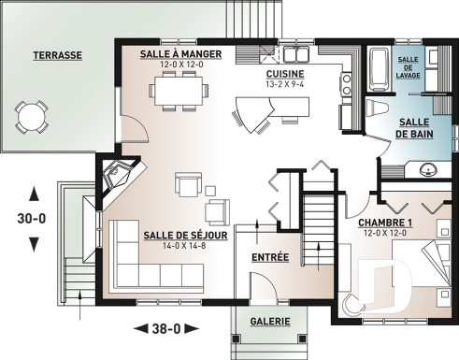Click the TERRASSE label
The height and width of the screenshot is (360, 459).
tap(57, 55)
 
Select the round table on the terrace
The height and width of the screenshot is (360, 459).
tap(33, 116)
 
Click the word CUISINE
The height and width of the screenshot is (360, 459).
tap(283, 73)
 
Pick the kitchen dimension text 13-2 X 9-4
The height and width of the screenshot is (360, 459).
tap(283, 84)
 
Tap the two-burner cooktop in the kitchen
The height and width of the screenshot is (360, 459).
tap(347, 86)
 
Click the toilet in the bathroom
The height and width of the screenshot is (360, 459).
tap(377, 106)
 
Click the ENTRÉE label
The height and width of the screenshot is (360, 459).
tap(270, 256)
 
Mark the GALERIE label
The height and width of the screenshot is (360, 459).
tap(269, 322)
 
